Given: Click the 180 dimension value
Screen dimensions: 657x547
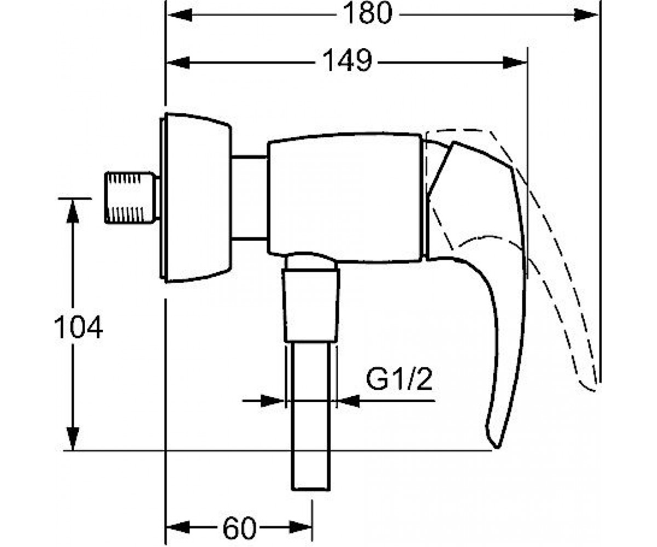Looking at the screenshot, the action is point(367,14).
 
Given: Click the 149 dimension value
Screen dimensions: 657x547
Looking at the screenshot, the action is point(347,61).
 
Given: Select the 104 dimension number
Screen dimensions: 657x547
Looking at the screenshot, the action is point(78,327).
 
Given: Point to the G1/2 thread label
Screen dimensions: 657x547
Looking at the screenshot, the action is point(399,380).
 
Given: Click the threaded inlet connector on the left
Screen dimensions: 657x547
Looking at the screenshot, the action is point(131,197).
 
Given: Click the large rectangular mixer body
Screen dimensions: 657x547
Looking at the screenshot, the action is point(345,197).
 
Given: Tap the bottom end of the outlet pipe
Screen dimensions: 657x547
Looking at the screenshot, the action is point(311,489).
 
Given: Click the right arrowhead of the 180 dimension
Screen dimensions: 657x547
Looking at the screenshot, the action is point(586,15).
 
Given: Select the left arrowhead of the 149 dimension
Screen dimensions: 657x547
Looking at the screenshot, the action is point(178,62).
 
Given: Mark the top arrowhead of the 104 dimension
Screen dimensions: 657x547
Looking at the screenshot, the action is point(73,211).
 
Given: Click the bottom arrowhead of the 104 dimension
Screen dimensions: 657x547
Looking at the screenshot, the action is point(73,438).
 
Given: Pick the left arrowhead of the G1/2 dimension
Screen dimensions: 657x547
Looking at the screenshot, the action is point(273,401).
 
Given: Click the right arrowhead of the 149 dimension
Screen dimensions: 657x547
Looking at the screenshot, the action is point(515,62).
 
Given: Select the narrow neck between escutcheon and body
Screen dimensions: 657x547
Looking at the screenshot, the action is point(250,197).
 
